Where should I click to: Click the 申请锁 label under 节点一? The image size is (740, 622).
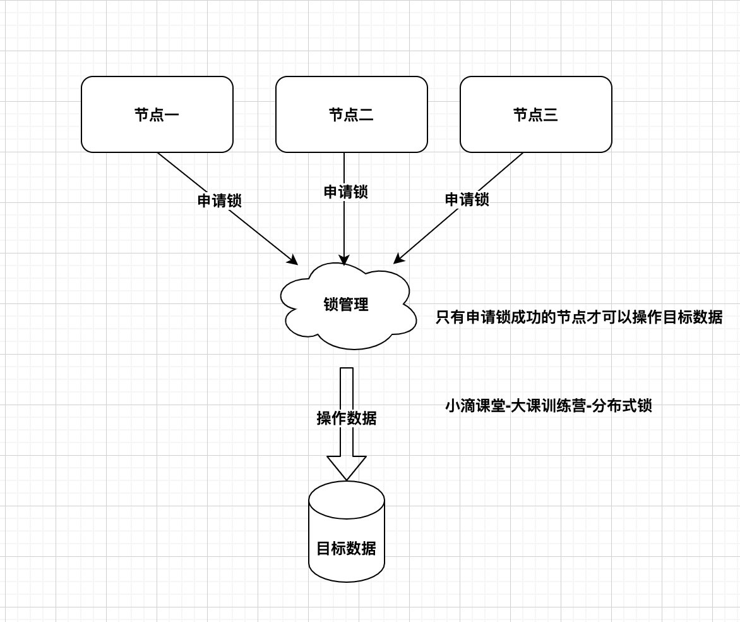pos(219,200)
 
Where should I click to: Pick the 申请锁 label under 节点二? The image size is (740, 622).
pos(345,192)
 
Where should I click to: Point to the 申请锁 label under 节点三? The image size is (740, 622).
pos(467,199)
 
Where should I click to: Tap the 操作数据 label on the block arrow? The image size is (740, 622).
pos(346,418)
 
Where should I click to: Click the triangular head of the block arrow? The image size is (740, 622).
pos(346,467)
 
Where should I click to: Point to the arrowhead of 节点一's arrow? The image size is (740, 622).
pos(292,260)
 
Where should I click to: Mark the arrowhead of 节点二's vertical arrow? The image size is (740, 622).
pos(344,259)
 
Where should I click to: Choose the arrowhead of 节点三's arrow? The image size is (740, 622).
pos(398,259)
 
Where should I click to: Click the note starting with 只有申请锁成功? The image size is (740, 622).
pos(578,317)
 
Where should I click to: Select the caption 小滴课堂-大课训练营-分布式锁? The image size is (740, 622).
pos(548,405)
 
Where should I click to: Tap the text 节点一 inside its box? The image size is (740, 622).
pos(157,114)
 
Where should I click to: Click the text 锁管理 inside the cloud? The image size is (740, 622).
pos(346,304)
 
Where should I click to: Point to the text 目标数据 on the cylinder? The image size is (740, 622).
pos(346,548)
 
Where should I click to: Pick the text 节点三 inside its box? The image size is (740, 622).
pos(535,114)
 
